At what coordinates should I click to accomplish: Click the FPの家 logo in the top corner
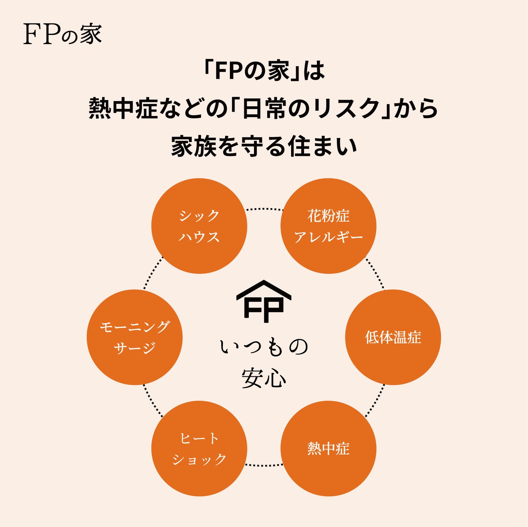point(62,34)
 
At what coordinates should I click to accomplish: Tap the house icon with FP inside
point(264,302)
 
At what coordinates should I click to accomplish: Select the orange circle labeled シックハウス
point(199,226)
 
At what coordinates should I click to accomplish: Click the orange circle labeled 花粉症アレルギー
point(328,226)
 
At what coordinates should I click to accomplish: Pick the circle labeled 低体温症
point(393,337)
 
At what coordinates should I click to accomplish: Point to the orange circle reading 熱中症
point(328,449)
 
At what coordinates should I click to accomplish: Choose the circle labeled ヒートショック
point(199,449)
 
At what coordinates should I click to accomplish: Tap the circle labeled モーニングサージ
point(135,337)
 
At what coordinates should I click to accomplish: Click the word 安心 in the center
point(264,378)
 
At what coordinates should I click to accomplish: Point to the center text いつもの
point(264,347)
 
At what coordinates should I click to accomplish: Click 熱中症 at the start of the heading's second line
point(123,108)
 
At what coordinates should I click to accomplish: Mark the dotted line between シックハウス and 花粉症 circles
point(264,209)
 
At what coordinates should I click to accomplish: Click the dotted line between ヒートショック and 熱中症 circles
point(264,465)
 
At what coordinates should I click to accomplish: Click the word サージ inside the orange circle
point(135,348)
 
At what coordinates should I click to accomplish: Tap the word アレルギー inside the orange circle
point(328,237)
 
